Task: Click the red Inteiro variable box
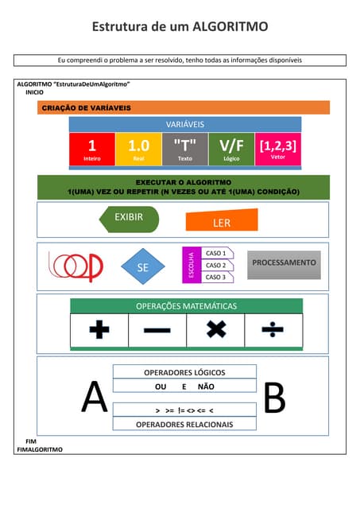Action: [x=91, y=149]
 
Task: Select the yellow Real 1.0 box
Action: [x=138, y=149]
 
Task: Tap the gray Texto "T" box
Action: [x=184, y=149]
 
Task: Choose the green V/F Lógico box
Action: [x=231, y=149]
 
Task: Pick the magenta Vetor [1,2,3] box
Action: [x=278, y=149]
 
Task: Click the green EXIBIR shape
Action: [x=129, y=218]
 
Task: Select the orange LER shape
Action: [x=221, y=221]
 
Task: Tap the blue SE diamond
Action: [x=143, y=268]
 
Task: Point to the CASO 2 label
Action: [x=215, y=265]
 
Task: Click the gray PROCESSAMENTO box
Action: [x=284, y=263]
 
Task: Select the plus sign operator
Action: [x=99, y=329]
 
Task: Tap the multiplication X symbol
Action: [x=215, y=329]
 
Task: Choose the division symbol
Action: [x=273, y=329]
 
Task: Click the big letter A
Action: [x=94, y=398]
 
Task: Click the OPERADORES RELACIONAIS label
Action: [x=184, y=425]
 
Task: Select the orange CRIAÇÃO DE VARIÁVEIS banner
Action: [x=184, y=108]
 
